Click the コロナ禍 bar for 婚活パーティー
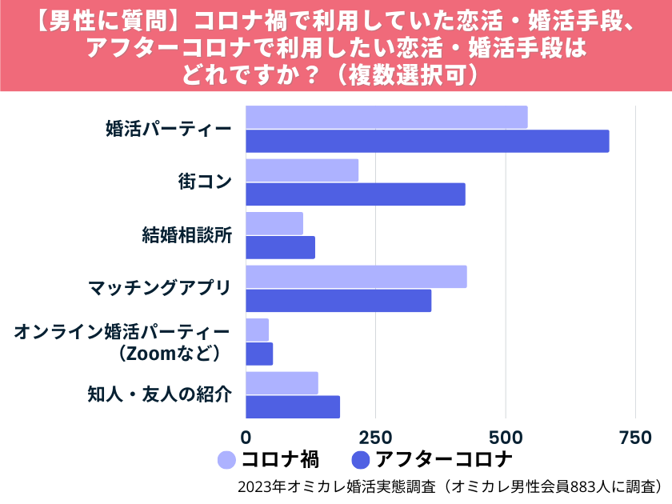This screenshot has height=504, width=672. coord(386,117)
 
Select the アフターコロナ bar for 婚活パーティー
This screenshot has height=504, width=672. coord(427,141)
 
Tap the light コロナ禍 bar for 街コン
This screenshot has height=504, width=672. coord(302,170)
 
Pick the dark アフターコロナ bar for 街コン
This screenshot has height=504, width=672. coord(355,194)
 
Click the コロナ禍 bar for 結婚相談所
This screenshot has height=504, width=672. coord(274,223)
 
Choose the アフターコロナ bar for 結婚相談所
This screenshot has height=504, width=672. coord(280,247)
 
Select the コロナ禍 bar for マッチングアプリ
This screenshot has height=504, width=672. coord(356,277)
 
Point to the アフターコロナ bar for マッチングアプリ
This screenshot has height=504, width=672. coord(338,301)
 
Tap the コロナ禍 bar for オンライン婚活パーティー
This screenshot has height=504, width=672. coord(257,330)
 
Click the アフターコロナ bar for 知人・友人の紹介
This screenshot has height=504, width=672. coord(293,406)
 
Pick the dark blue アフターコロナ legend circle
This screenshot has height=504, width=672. coord(361,460)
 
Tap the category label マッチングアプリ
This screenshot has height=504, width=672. coord(159,288)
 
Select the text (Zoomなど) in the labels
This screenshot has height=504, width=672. coord(169,352)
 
